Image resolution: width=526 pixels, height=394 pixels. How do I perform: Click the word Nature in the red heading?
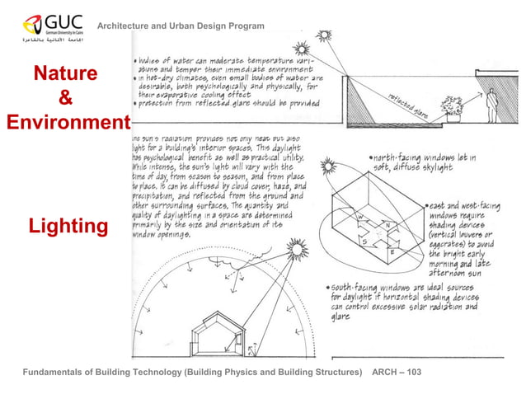coord(65,75)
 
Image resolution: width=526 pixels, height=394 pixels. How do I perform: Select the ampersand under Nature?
coord(65,100)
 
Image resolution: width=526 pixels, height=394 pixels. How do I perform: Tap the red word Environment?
coord(66,124)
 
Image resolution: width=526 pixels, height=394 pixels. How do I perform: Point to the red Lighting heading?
coord(68,226)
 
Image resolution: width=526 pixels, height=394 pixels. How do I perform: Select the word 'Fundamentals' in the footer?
coord(56,373)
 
